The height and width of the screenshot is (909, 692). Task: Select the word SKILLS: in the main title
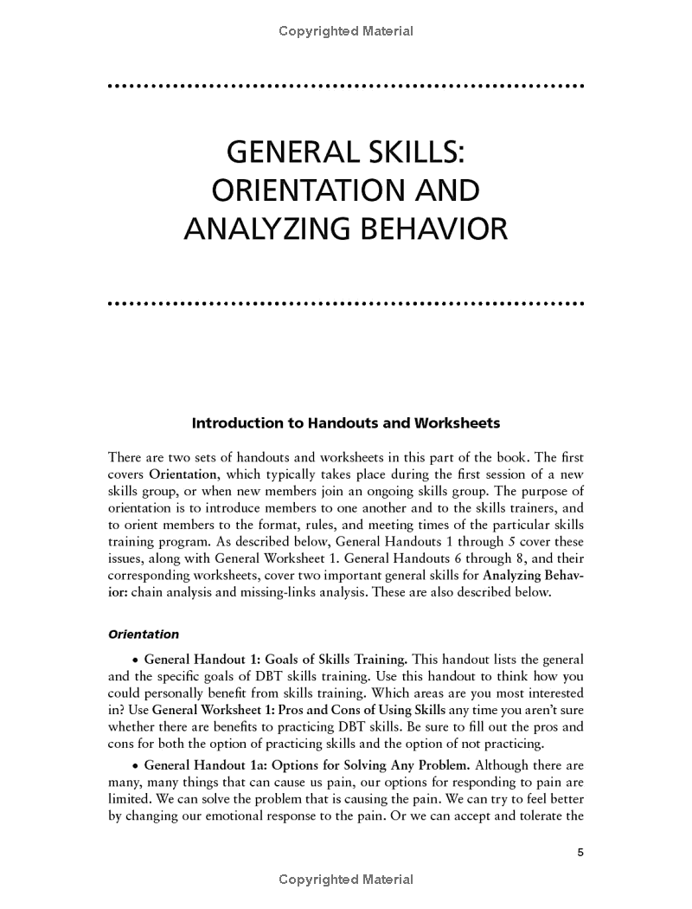pyautogui.click(x=411, y=153)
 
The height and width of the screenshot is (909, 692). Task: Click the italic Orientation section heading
pyautogui.click(x=144, y=634)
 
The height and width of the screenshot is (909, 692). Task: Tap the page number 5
pyautogui.click(x=581, y=853)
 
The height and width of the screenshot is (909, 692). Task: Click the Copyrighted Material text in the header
pyautogui.click(x=346, y=31)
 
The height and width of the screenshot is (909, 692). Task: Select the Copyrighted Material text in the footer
pyautogui.click(x=346, y=880)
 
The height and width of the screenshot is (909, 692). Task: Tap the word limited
pyautogui.click(x=130, y=801)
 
